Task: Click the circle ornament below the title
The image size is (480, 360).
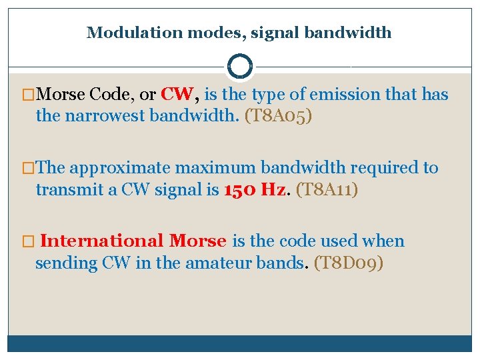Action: [239, 66]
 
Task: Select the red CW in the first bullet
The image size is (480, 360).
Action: [177, 95]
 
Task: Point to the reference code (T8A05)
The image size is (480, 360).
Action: [278, 117]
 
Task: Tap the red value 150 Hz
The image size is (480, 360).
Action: [256, 190]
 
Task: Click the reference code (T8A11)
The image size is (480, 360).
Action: [327, 190]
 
